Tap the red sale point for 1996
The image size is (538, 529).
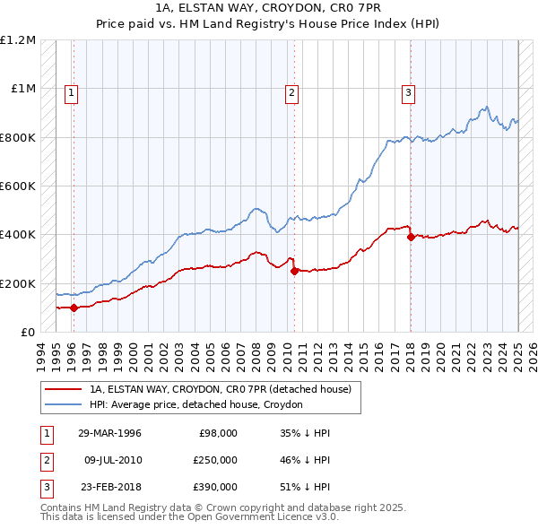74,308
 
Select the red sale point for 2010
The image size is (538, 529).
294,271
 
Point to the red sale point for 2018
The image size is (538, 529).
411,237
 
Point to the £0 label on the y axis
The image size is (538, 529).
26,332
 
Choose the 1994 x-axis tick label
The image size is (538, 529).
41,355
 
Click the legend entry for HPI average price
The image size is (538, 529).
196,404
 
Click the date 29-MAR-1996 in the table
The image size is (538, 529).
110,433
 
